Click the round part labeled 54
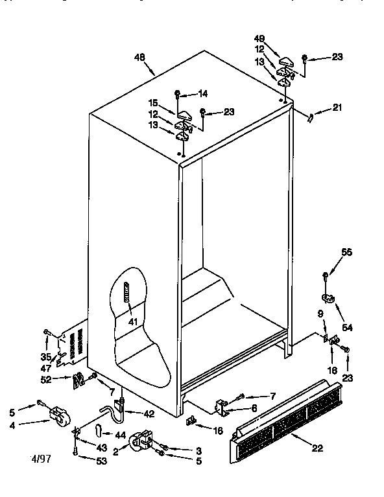pos(330,299)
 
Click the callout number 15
pos(155,102)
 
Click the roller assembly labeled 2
pos(141,443)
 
